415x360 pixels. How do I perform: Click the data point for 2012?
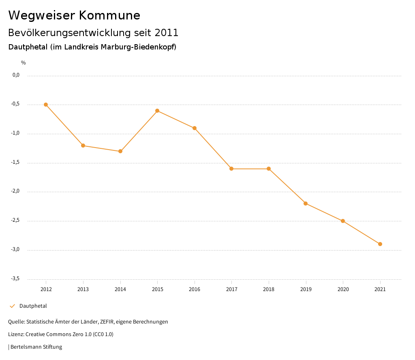pyautogui.click(x=46, y=105)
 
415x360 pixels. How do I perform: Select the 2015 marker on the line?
pyautogui.click(x=157, y=111)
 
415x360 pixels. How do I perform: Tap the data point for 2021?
pyautogui.click(x=380, y=244)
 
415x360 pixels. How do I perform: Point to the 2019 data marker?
pyautogui.click(x=306, y=204)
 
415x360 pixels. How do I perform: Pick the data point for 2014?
pyautogui.click(x=120, y=151)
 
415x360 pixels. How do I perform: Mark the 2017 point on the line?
pyautogui.click(x=231, y=169)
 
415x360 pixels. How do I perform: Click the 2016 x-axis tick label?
pyautogui.click(x=195, y=289)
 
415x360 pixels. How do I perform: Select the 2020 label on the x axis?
pyautogui.click(x=343, y=289)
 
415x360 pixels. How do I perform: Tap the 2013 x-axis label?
pyautogui.click(x=83, y=289)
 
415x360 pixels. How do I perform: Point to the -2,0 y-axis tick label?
pyautogui.click(x=15, y=191)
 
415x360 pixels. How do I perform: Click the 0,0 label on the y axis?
pyautogui.click(x=16, y=75)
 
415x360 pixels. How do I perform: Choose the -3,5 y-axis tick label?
pyautogui.click(x=15, y=279)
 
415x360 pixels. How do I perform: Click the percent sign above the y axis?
pyautogui.click(x=24, y=63)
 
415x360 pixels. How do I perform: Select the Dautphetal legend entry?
pyautogui.click(x=33, y=306)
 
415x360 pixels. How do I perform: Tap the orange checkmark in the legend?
pyautogui.click(x=12, y=306)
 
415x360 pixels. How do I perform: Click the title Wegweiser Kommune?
pyautogui.click(x=74, y=15)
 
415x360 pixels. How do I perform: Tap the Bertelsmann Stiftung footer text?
pyautogui.click(x=36, y=347)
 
